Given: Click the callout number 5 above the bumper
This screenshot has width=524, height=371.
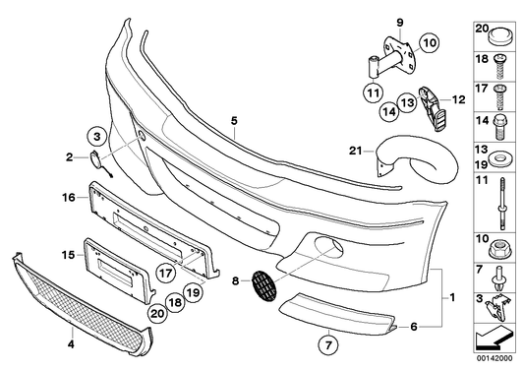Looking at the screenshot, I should pyautogui.click(x=235, y=121).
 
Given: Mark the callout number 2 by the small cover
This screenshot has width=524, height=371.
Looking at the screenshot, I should pyautogui.click(x=70, y=156).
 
